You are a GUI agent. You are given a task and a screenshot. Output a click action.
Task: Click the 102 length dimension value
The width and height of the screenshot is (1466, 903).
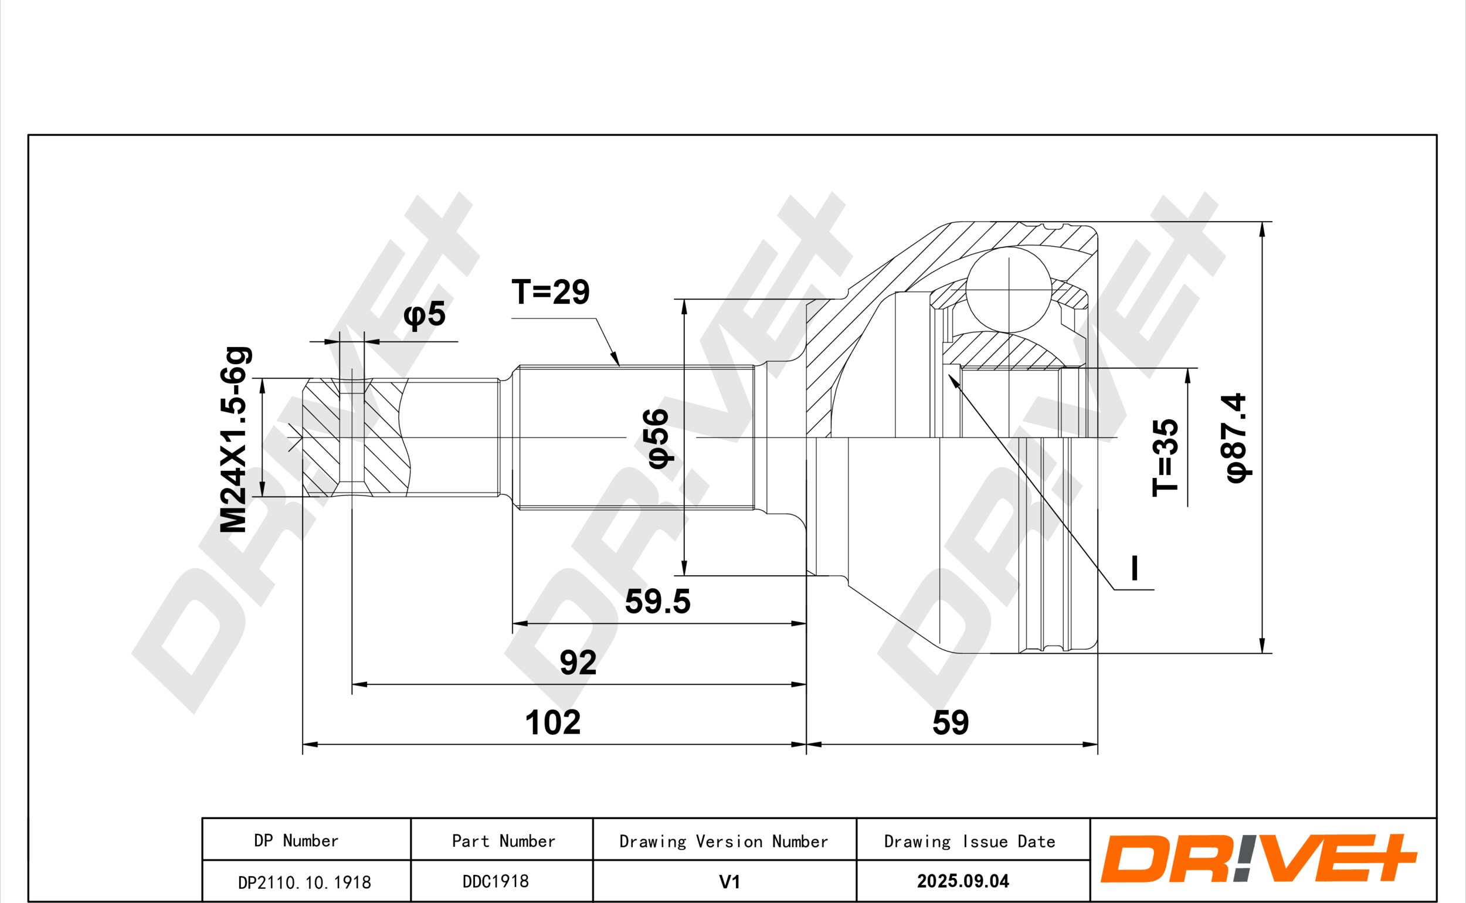coord(552,722)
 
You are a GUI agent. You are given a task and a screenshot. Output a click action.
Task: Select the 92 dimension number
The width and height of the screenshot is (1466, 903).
coord(578,663)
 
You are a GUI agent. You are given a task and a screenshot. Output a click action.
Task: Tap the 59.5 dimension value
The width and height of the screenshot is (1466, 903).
coord(657,602)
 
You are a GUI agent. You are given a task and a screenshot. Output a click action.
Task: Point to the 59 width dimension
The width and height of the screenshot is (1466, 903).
coord(951,722)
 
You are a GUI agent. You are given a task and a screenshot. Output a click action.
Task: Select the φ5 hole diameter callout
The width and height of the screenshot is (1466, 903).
coord(425,314)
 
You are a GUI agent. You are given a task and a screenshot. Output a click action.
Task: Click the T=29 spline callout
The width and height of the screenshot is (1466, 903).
coord(551,291)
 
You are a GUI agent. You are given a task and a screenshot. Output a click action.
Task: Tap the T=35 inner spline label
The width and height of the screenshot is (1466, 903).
coord(1165,457)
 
